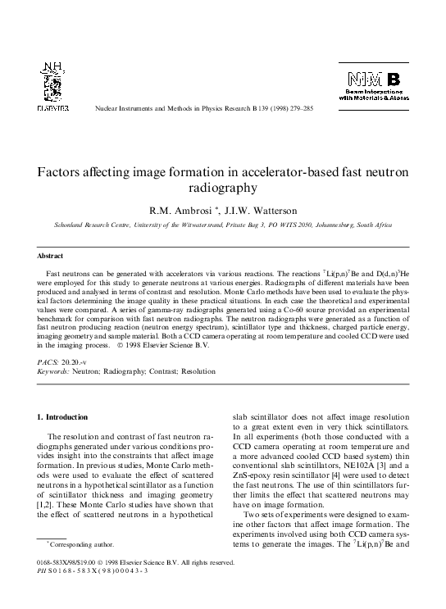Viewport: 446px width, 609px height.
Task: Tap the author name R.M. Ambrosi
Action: (x=180, y=208)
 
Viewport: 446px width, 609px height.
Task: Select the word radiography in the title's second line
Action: (x=222, y=189)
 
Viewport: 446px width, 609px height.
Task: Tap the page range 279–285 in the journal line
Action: (x=295, y=108)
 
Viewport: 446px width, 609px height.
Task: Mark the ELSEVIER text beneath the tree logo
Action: (x=52, y=107)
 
